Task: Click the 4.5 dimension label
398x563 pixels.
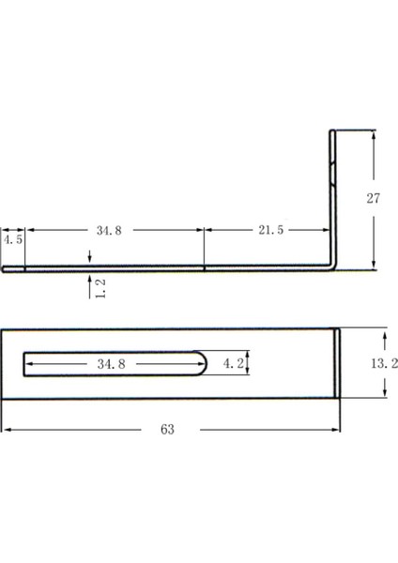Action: coord(12,240)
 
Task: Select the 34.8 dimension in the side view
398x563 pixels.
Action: coord(108,231)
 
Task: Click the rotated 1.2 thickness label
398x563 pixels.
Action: coord(100,287)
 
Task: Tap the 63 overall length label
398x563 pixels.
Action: coord(168,429)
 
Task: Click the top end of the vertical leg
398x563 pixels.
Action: coord(332,132)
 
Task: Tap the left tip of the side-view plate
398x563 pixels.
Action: coord(3,267)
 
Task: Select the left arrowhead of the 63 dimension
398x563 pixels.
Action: coord(4,429)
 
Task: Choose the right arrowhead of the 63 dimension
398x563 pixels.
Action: coord(338,429)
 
